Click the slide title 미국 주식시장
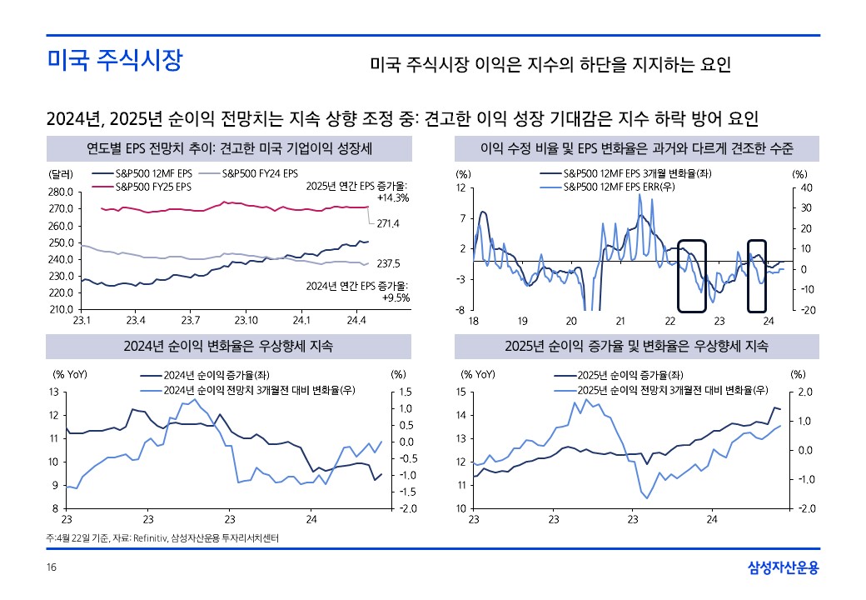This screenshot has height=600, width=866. coord(114,61)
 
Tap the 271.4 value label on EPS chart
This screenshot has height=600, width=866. coord(388,224)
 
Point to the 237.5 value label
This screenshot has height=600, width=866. coord(388,263)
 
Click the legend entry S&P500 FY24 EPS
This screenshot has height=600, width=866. coord(259,174)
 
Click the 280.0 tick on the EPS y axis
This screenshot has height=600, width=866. coord(62,192)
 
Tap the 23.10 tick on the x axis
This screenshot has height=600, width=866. coord(246,320)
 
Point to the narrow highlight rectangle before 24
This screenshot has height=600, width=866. coord(756,275)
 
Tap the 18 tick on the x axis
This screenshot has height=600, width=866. coord(473,321)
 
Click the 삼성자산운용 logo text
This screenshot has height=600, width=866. coord(784,568)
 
